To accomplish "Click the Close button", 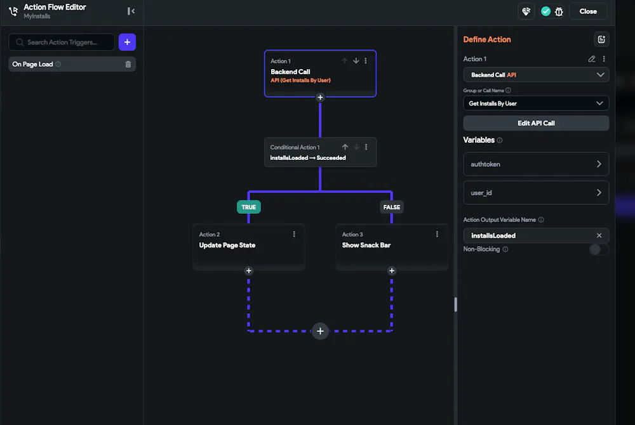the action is point(587,11).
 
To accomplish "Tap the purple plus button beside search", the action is point(127,42).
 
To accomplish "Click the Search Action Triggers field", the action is point(62,42).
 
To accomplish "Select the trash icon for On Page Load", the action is point(128,64).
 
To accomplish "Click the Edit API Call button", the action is point(536,123).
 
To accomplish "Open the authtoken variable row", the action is point(536,164).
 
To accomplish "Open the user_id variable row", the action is point(536,193).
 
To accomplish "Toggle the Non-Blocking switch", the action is point(598,249).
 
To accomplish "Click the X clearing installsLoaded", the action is point(599,235).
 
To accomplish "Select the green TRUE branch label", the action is point(249,207).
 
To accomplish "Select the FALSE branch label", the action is point(392,207).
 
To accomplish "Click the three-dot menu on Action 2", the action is point(294,234).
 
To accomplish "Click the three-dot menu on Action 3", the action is point(437,234).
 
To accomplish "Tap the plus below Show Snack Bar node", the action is point(392,270).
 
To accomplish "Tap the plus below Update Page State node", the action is point(249,270).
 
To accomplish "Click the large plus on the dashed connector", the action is point(320,331).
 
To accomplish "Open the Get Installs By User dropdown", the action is point(536,103).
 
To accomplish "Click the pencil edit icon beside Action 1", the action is point(592,59).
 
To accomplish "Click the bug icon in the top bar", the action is point(559,11).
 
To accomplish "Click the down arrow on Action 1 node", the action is point(356,61).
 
